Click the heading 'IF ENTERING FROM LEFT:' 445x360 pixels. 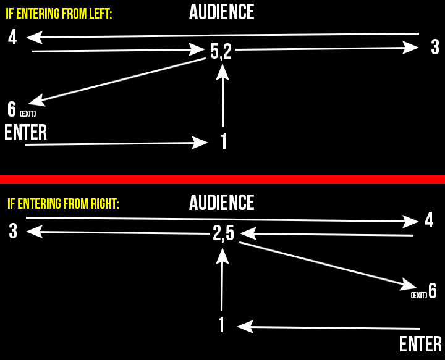pyautogui.click(x=59, y=14)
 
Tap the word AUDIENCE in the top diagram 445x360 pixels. pyautogui.click(x=221, y=12)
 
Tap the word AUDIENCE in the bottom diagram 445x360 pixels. pyautogui.click(x=221, y=203)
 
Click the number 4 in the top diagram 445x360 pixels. pyautogui.click(x=12, y=38)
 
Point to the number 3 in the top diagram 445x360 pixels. pyautogui.click(x=435, y=47)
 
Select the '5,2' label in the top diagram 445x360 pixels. pyautogui.click(x=221, y=52)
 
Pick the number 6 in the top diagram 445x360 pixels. pyautogui.click(x=12, y=110)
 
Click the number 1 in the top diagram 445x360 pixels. pyautogui.click(x=224, y=141)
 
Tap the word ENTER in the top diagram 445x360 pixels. pyautogui.click(x=26, y=133)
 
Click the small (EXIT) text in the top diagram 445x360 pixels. pyautogui.click(x=28, y=114)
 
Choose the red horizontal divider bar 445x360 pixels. pyautogui.click(x=222, y=179)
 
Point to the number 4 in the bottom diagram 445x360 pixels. pyautogui.click(x=429, y=220)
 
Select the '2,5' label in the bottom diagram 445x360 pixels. pyautogui.click(x=223, y=233)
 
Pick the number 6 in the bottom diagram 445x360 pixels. pyautogui.click(x=433, y=291)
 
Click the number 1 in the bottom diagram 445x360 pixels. pyautogui.click(x=221, y=325)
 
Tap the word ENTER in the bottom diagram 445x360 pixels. pyautogui.click(x=420, y=344)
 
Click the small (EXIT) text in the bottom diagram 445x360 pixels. pyautogui.click(x=419, y=295)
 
